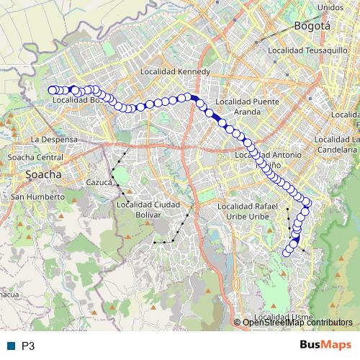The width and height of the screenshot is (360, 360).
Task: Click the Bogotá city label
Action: tap(312, 26)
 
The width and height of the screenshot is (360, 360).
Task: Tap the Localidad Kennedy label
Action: tap(176, 72)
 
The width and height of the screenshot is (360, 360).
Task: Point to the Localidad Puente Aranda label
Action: tap(247, 107)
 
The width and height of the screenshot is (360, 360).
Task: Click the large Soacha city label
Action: tap(43, 174)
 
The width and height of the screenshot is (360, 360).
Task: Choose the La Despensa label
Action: tap(49, 138)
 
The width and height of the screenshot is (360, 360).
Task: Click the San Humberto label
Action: tap(37, 197)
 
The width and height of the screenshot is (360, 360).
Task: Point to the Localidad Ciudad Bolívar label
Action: tap(148, 209)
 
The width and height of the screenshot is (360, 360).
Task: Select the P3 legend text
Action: tap(28, 346)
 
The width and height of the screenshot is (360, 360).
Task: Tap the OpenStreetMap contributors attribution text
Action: tap(297, 323)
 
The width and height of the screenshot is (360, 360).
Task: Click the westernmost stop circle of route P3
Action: tap(52, 90)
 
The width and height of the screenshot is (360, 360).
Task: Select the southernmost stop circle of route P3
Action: tap(287, 252)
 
